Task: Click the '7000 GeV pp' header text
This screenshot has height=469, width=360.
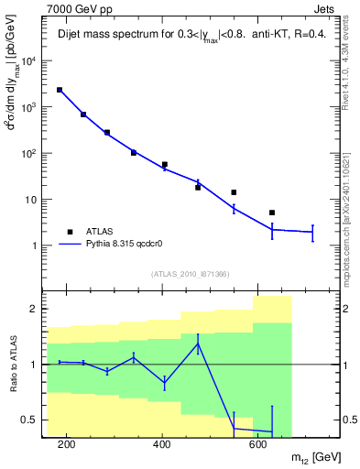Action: click(x=76, y=7)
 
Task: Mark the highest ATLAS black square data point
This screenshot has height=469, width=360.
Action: click(x=60, y=90)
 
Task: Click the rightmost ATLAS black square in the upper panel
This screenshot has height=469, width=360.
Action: click(x=272, y=213)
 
